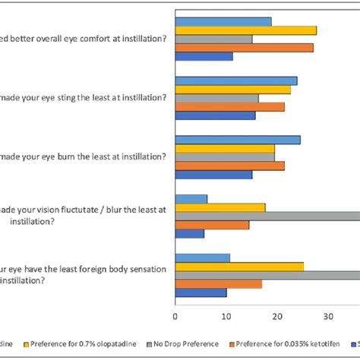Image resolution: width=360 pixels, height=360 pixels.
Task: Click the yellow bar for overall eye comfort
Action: click(246, 30)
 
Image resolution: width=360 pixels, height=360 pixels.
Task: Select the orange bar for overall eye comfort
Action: click(244, 47)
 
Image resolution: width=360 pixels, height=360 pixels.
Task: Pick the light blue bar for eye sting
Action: click(236, 81)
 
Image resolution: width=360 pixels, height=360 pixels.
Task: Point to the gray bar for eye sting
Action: click(217, 98)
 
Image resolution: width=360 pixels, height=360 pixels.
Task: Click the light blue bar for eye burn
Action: click(238, 140)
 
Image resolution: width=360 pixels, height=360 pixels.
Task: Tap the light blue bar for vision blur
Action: click(191, 199)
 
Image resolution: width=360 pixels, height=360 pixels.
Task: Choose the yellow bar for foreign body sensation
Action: click(239, 267)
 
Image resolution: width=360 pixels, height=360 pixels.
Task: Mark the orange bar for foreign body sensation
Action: click(219, 284)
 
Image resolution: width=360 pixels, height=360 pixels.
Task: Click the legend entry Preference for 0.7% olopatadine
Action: click(76, 344)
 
